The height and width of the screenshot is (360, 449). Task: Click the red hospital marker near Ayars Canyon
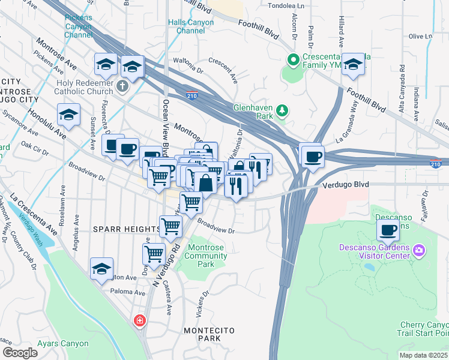[x=140, y=321]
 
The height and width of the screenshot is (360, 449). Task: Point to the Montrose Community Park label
[x=208, y=256]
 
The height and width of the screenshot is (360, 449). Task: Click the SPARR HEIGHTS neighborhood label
[x=123, y=229]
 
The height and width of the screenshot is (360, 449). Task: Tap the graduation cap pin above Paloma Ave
[x=101, y=269]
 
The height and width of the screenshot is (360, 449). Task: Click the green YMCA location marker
[x=294, y=59]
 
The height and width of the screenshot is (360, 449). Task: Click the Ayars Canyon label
[x=63, y=344]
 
